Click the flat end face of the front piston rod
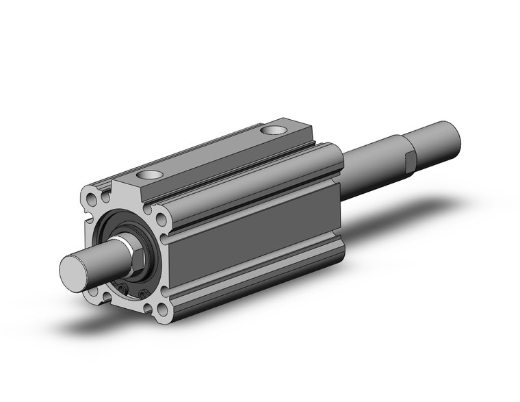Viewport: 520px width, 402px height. coord(73,270)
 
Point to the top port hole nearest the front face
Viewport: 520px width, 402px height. coord(152,176)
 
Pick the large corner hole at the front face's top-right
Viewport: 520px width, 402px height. coord(161,219)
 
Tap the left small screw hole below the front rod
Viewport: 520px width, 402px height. coord(124,290)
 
